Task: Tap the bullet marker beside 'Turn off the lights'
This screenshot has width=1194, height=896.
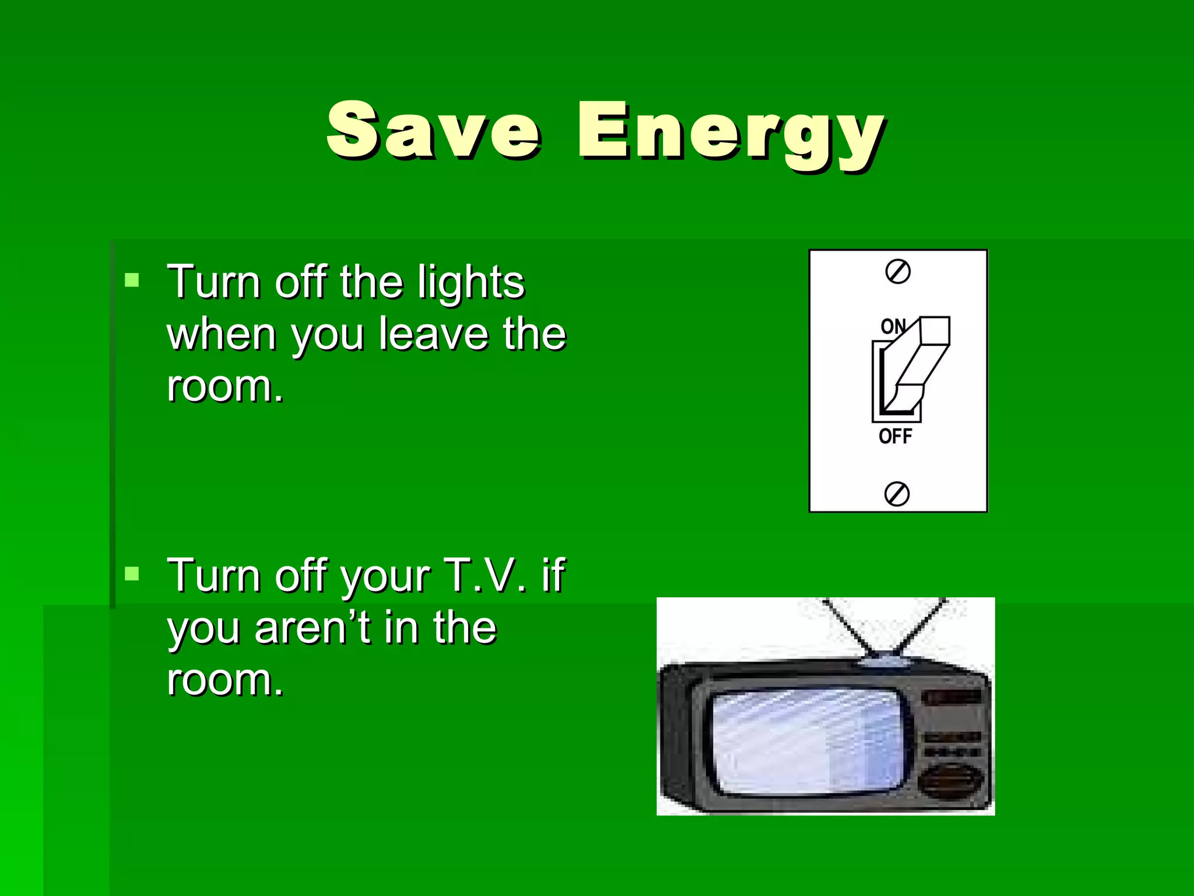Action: click(132, 281)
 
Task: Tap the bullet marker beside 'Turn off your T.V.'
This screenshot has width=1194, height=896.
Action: click(132, 574)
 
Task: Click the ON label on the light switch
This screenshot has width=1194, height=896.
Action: click(892, 326)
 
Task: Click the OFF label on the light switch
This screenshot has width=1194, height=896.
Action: click(895, 436)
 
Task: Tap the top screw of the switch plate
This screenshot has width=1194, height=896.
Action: click(898, 272)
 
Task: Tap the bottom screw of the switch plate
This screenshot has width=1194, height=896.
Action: click(897, 494)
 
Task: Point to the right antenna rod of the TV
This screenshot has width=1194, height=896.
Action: click(921, 627)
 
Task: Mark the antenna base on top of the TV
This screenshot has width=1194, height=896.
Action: click(885, 660)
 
